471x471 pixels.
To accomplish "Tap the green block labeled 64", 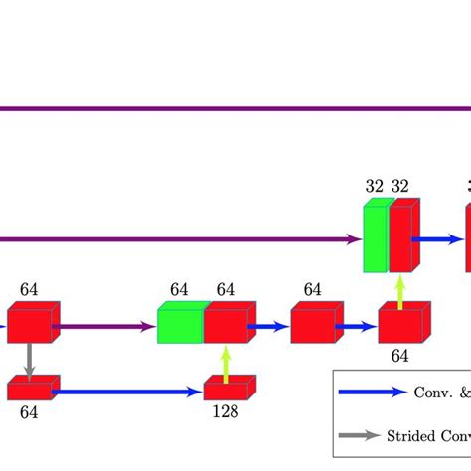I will click(180, 324).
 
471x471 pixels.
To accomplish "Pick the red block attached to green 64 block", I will click(227, 324).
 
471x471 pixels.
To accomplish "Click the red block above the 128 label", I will click(229, 390).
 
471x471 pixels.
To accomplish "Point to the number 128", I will click(227, 412).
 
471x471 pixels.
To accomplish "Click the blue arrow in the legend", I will click(373, 392).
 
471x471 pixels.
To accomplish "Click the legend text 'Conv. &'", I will click(442, 392).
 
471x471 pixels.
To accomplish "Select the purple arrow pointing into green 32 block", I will click(179, 238).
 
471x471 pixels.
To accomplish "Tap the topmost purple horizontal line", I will click(235, 108).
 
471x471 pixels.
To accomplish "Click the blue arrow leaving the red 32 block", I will click(438, 238).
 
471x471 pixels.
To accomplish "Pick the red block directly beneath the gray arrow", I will click(32, 389).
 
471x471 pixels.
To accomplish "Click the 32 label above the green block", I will click(374, 186).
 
